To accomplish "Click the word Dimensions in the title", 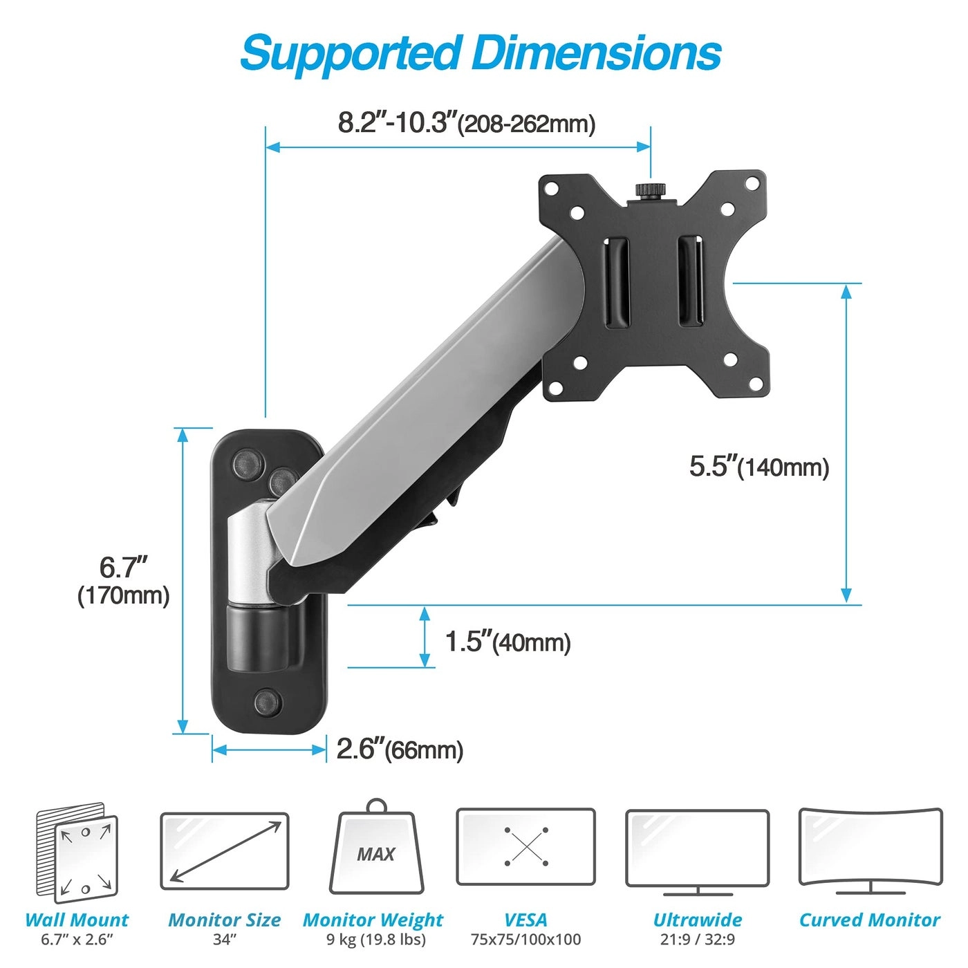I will [x=596, y=53].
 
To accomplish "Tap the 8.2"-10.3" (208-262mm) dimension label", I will [x=466, y=123].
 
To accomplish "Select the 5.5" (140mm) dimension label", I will [x=758, y=467].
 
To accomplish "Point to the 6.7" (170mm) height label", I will [x=123, y=580].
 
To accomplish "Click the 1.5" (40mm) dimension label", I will [x=507, y=642].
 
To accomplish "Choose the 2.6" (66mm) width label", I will [x=400, y=749].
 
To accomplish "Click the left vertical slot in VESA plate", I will [x=617, y=283].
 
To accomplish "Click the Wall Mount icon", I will [x=77, y=853].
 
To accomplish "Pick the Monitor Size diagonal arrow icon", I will [x=225, y=851].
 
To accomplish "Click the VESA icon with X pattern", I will [x=525, y=846].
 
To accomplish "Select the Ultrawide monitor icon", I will [x=697, y=850].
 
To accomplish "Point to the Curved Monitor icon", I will [x=870, y=850].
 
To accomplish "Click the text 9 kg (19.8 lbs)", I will [x=375, y=940].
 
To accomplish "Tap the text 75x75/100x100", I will [x=525, y=940].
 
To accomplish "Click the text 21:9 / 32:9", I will [x=697, y=940].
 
